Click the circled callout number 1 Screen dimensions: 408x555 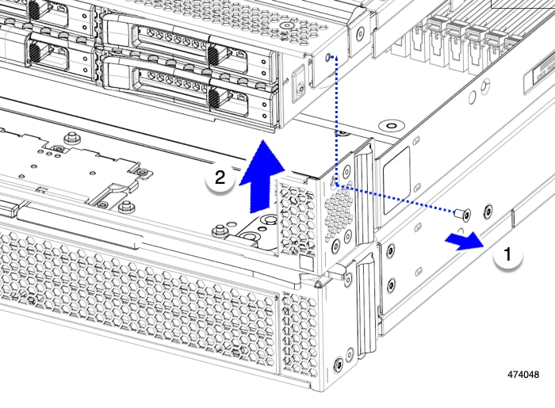pos(508,256)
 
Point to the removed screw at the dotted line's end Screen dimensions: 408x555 pos(464,213)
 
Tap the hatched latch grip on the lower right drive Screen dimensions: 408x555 pos(212,98)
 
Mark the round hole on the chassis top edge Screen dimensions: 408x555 pos(389,125)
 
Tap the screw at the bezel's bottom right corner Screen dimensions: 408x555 pos(340,364)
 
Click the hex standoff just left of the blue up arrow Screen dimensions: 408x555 pos(218,231)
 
